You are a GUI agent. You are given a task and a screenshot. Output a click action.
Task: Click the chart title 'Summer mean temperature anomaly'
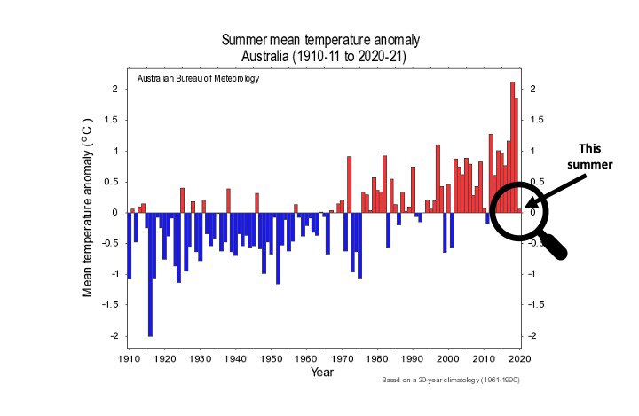pos(320,41)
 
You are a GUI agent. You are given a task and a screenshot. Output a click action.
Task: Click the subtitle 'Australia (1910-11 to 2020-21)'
pos(320,57)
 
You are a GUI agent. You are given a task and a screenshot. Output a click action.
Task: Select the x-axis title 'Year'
pos(323,373)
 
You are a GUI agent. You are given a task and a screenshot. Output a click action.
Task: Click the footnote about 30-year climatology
pos(450,380)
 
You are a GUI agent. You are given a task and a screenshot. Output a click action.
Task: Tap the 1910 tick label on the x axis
pos(129,359)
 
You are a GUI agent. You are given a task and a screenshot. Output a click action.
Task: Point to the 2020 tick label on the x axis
pos(519,359)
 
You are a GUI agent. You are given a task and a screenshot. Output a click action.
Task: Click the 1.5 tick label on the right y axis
pos(534,120)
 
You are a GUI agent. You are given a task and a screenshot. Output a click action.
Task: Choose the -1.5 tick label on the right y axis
pos(536,305)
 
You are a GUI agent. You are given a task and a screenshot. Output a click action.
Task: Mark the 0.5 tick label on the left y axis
pos(112,182)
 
